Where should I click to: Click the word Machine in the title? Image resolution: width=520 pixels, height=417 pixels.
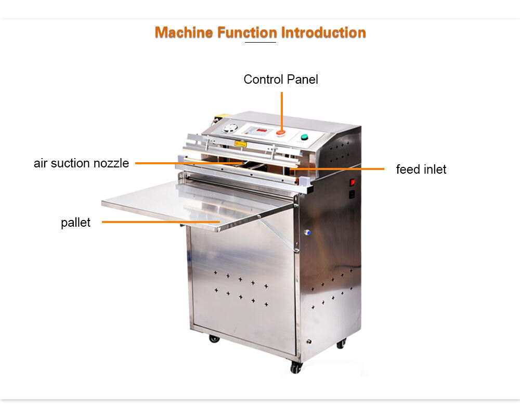point(184,32)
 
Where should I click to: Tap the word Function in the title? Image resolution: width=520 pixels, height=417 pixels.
point(247,32)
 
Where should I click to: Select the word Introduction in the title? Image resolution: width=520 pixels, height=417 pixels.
point(323,32)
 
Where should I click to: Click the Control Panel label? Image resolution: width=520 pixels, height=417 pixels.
point(281,80)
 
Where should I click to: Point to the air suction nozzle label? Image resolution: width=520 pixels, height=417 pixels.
point(81,163)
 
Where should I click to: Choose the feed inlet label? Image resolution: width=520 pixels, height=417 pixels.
point(421,170)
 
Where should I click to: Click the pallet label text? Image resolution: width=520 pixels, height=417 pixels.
point(75,223)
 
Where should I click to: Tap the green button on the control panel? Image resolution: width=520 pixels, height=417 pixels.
point(304,137)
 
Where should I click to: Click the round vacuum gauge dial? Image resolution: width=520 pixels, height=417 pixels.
point(230,128)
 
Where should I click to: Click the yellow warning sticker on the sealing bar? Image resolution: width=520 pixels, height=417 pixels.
point(240,144)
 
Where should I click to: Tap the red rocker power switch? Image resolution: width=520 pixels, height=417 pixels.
point(352,183)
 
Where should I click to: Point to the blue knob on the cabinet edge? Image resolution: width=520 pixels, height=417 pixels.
point(308,233)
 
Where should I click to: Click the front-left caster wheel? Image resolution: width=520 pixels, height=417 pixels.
point(214,339)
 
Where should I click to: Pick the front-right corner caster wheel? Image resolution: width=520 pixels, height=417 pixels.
point(296,367)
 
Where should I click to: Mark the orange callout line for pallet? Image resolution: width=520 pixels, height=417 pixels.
point(161,222)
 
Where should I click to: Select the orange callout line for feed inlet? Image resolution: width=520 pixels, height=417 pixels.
point(336,169)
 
